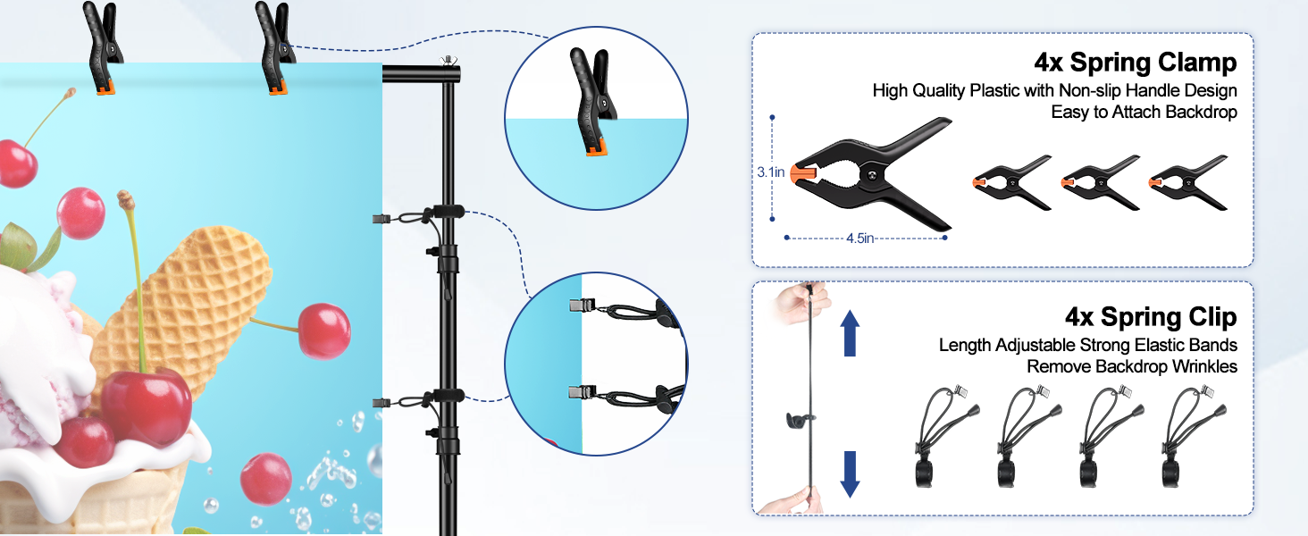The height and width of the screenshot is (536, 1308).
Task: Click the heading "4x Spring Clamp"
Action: click(x=1135, y=63)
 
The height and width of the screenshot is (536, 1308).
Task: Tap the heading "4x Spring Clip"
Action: click(x=1150, y=317)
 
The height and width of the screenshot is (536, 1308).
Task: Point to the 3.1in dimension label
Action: click(x=770, y=172)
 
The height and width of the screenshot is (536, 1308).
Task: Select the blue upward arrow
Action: click(x=850, y=333)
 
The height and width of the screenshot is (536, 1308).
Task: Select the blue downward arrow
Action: click(x=850, y=473)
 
